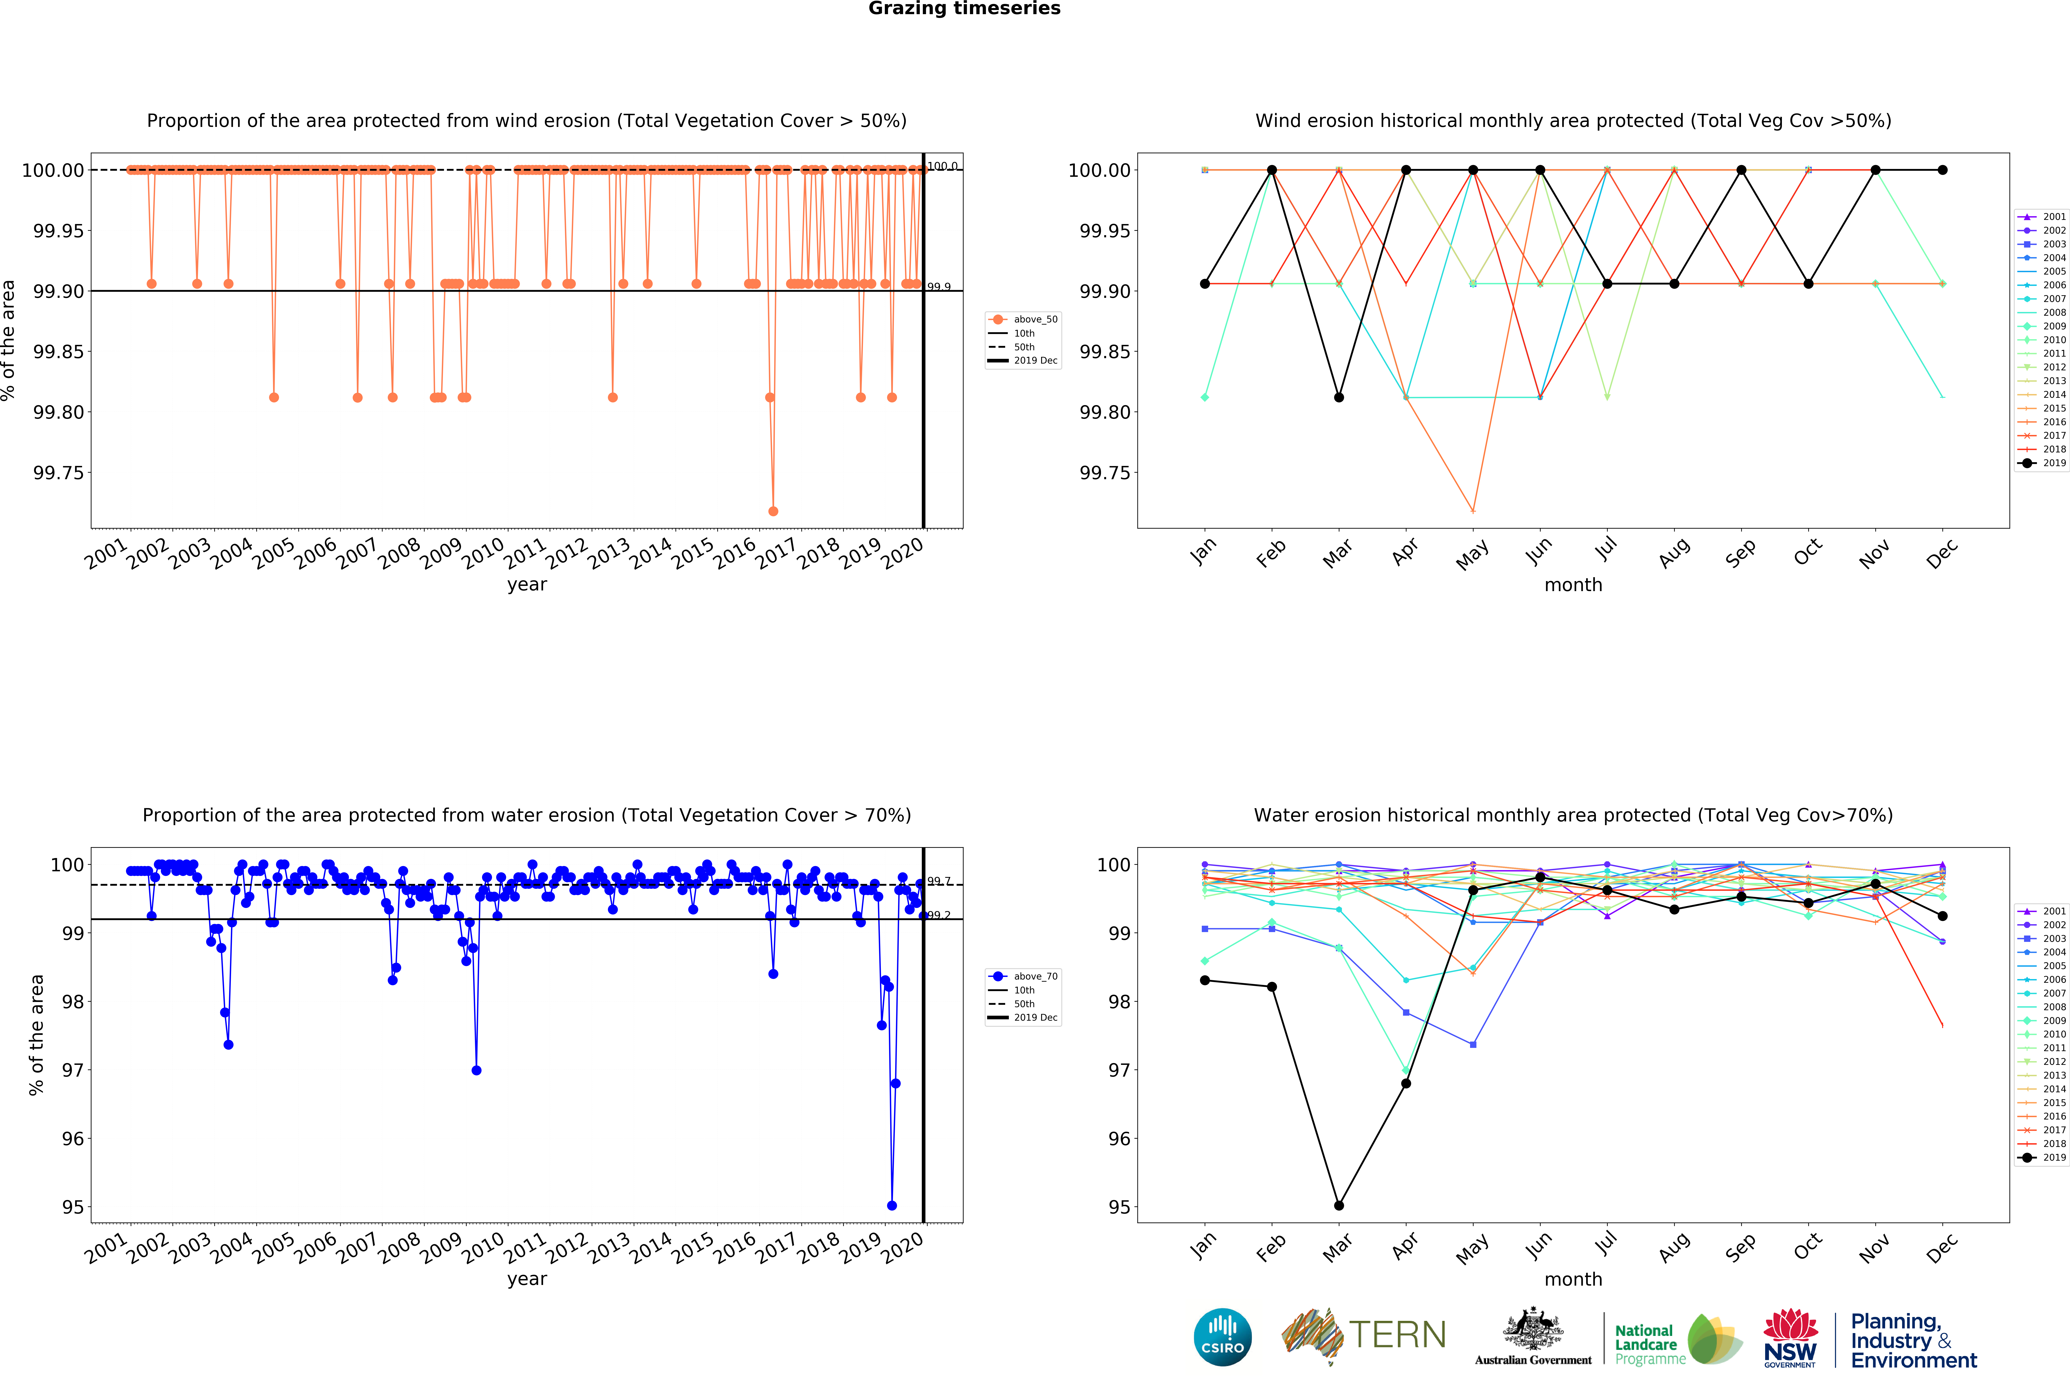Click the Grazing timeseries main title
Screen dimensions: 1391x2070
[x=964, y=9]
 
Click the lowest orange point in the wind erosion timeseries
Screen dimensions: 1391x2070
[x=773, y=511]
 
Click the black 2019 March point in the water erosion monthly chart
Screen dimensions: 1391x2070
[x=1339, y=1206]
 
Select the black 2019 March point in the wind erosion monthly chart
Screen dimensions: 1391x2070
[x=1339, y=397]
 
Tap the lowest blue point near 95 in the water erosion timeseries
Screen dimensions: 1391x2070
[x=892, y=1206]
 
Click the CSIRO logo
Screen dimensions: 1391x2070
[x=1223, y=1337]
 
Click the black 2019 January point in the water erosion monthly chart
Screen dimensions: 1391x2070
[x=1205, y=980]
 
